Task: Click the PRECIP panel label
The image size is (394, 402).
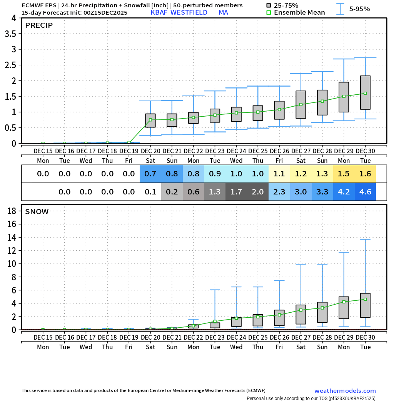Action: click(39, 26)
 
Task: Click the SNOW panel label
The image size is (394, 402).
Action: click(37, 211)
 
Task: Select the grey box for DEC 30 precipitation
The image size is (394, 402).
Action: click(365, 92)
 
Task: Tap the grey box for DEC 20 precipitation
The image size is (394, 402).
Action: click(150, 121)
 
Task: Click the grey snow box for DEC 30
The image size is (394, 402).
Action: click(365, 305)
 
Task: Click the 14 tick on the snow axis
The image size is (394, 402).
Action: click(12, 237)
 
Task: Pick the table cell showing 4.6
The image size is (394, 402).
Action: click(365, 192)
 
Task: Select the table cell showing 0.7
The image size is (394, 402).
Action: click(150, 174)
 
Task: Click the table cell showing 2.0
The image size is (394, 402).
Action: click(258, 192)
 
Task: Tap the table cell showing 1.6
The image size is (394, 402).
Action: click(365, 174)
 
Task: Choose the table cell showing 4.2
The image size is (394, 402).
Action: click(344, 192)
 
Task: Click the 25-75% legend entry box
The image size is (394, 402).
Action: click(269, 5)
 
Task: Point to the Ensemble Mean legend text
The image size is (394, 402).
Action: click(299, 13)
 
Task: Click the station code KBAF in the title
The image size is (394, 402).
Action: click(159, 12)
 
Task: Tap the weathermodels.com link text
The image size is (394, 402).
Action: click(345, 391)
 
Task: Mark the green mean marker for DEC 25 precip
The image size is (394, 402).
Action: click(258, 112)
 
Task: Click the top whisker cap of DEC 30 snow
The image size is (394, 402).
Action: click(365, 240)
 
